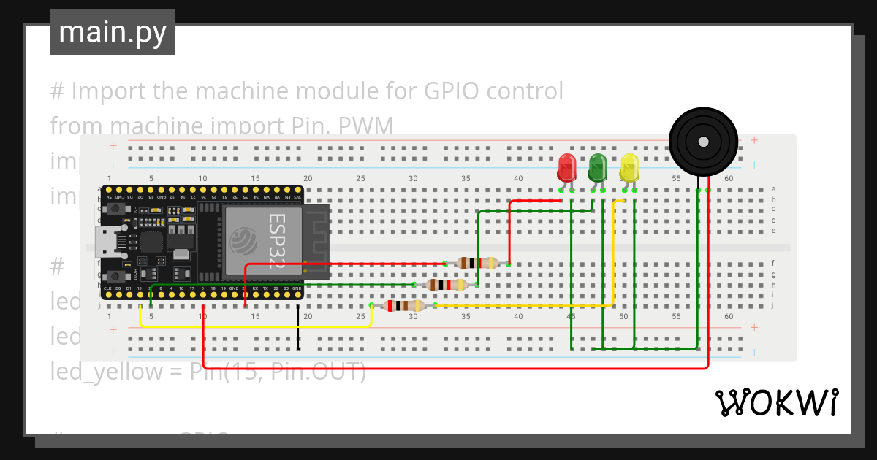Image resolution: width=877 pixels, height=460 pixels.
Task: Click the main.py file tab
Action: pos(112,33)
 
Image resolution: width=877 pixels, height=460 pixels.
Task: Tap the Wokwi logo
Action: pos(775,402)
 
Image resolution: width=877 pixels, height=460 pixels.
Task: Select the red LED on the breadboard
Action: pos(566,168)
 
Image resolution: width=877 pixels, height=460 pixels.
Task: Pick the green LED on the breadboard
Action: pos(598,168)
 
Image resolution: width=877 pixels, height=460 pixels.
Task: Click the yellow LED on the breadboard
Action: pos(629,168)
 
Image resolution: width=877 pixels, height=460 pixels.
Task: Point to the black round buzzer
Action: pos(703,141)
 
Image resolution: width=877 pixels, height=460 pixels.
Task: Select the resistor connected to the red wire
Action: pos(477,263)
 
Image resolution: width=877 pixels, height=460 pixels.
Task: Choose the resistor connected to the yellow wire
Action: pos(403,306)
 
